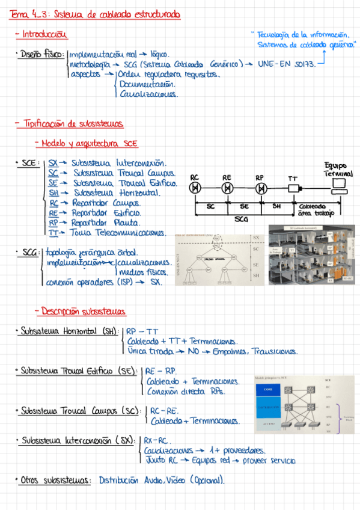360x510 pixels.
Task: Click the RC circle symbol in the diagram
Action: (x=195, y=188)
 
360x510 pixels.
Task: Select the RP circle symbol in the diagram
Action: (x=261, y=188)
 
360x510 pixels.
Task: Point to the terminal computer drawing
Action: (x=338, y=185)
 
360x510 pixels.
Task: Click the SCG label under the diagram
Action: (x=240, y=220)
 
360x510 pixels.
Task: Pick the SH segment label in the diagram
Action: (x=276, y=206)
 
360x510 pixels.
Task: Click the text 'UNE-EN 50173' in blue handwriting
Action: (x=286, y=63)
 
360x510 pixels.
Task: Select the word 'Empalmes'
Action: (x=230, y=351)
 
